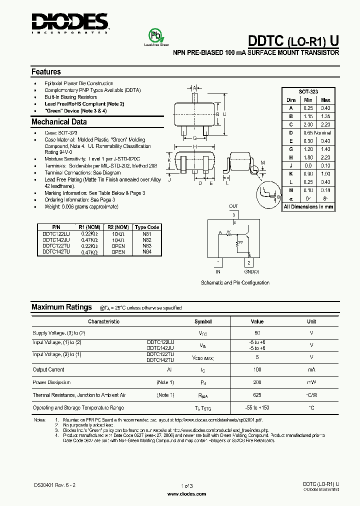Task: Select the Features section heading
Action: pos(46,72)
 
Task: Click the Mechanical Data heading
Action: pos(59,122)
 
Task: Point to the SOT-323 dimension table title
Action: pos(308,92)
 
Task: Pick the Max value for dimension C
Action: pos(325,124)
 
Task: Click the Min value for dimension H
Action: pos(308,157)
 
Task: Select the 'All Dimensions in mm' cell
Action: pos(308,206)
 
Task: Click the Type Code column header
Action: pos(147,227)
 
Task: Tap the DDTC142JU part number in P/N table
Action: pos(56,240)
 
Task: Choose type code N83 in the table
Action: pos(147,246)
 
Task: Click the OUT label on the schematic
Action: pos(233,206)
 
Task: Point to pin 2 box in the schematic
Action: pos(248,263)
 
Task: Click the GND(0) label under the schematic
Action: pos(251,272)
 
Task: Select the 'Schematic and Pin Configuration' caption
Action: pos(235,283)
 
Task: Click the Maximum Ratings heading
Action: pos(61,307)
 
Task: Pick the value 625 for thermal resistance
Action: pos(257,395)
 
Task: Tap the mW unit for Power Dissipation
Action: pos(311,382)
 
